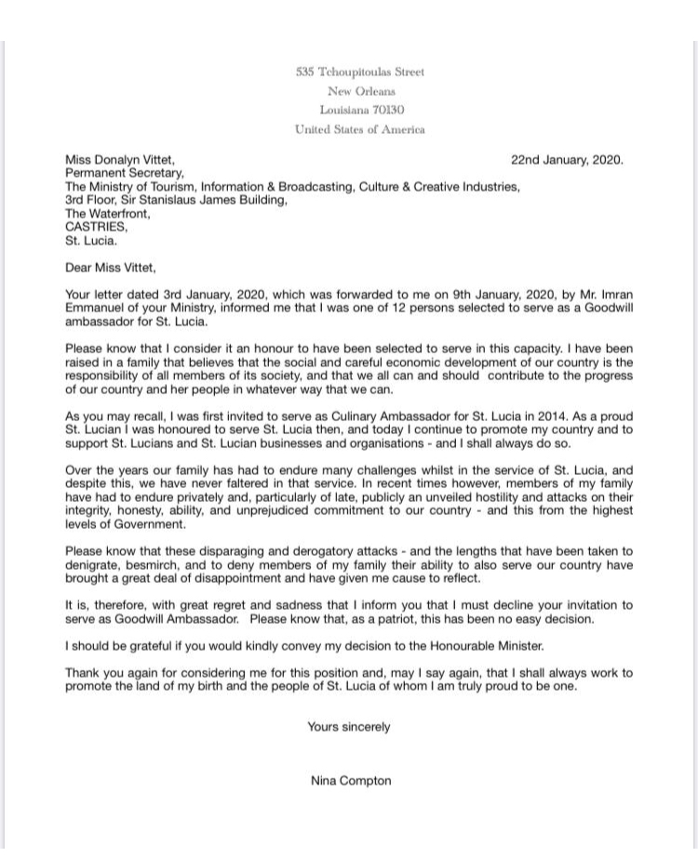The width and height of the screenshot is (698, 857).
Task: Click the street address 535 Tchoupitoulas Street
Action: pos(359,72)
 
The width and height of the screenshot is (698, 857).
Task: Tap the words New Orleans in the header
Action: pos(361,91)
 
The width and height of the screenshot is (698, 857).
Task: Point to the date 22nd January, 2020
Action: pos(567,160)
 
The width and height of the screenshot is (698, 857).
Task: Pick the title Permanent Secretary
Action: pos(124,173)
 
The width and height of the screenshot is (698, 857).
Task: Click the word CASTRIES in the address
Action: pos(96,227)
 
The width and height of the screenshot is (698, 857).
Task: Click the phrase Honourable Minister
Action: pos(482,646)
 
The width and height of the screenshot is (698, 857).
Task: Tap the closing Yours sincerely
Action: pos(349,727)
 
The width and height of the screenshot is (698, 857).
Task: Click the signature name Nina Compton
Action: pos(351,781)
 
